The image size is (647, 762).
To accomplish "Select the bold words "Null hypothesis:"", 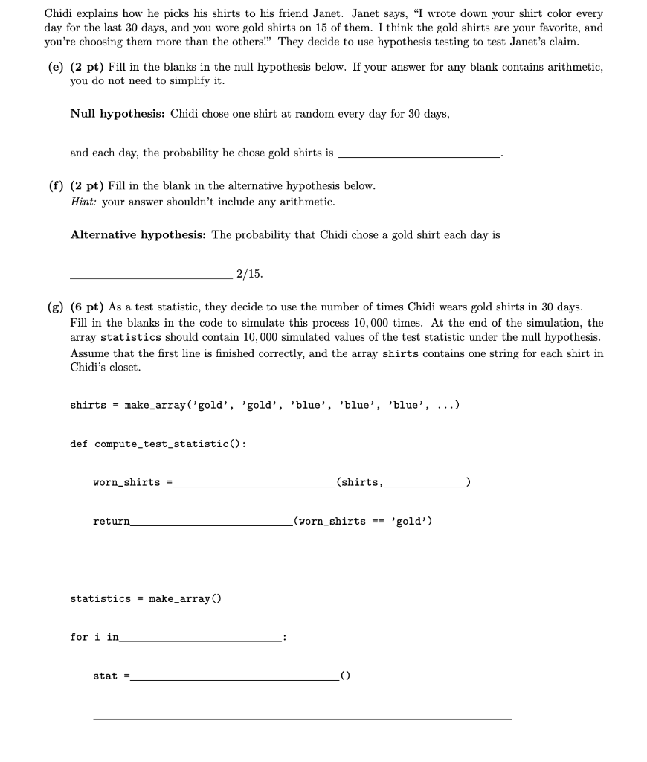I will tap(118, 114).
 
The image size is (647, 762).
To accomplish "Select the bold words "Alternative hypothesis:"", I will tap(138, 235).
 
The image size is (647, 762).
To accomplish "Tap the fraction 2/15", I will tap(249, 274).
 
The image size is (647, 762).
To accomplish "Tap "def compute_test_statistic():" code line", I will tap(158, 444).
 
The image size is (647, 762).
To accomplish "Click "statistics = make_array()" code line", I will tap(145, 599).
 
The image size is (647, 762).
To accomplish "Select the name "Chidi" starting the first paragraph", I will tap(59, 13).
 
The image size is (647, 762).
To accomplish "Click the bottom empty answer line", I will tap(302, 718).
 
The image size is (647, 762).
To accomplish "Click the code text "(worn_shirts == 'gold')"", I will tap(363, 522).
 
